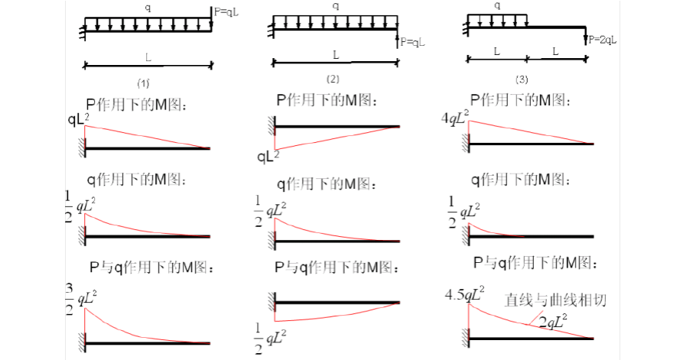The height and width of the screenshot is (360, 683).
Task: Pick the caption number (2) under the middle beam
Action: (333, 78)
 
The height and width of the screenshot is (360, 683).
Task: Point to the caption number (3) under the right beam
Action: (522, 79)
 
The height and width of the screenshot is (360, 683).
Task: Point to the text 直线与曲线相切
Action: (555, 300)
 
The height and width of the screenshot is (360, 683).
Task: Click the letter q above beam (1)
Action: (148, 5)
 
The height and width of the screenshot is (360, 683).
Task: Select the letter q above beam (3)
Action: (498, 5)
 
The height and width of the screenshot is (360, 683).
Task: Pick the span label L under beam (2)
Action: (334, 54)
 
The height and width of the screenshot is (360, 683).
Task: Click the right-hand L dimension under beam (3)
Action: (555, 52)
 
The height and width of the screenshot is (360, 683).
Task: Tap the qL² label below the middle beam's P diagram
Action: (268, 157)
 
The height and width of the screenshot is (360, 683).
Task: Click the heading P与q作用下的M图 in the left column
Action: (151, 268)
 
